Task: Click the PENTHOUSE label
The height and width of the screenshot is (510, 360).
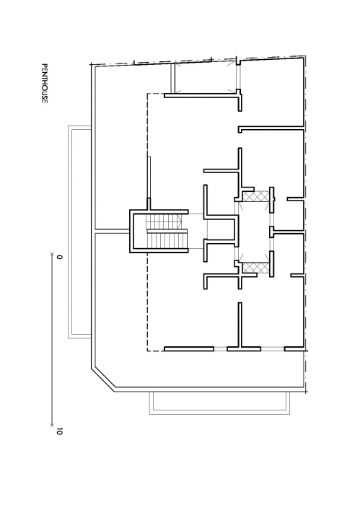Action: [x=44, y=84]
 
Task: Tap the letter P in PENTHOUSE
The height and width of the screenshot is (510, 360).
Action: [x=44, y=65]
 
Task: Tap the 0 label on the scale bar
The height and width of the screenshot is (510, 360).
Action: [x=59, y=257]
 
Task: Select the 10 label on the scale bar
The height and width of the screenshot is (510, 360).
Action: [x=59, y=432]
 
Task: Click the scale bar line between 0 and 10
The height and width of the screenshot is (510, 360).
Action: [x=52, y=339]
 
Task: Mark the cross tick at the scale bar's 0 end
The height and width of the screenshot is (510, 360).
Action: [x=52, y=254]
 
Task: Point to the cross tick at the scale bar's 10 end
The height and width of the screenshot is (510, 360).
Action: [x=52, y=425]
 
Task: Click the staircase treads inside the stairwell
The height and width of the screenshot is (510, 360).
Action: [x=167, y=232]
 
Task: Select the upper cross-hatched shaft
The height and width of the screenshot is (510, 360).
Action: [x=255, y=197]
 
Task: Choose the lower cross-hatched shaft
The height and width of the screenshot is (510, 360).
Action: [x=255, y=268]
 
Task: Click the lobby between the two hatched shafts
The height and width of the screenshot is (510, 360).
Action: [x=255, y=232]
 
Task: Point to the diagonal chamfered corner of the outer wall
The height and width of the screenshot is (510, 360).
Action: [x=103, y=378]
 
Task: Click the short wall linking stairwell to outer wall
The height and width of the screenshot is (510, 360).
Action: [x=112, y=232]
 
